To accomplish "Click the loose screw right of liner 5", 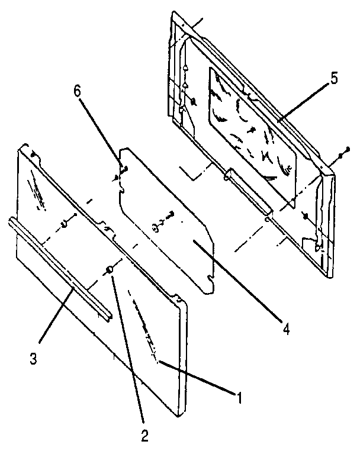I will (342, 154).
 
